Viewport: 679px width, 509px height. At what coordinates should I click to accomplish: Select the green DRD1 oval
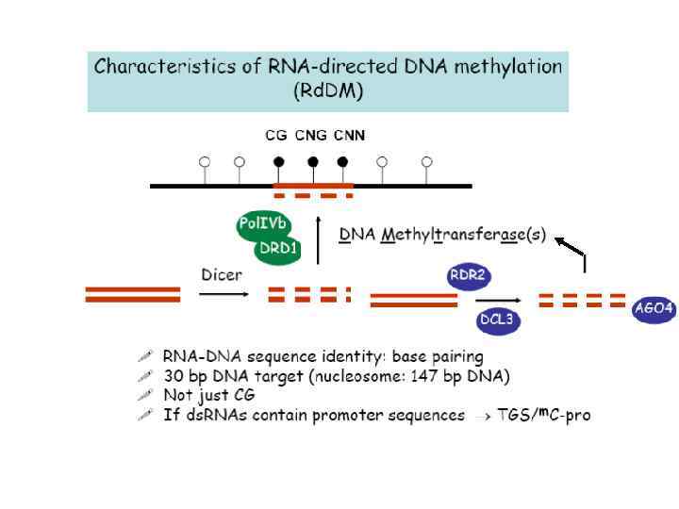[x=279, y=250]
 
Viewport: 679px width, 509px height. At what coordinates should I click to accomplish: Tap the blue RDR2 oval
[x=469, y=277]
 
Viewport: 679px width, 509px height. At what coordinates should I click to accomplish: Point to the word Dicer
[x=222, y=275]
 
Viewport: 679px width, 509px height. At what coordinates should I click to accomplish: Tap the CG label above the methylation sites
[x=275, y=136]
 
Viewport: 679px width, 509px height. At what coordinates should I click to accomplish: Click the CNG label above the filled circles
[x=310, y=136]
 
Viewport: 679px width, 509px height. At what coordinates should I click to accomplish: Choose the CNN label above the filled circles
[x=348, y=136]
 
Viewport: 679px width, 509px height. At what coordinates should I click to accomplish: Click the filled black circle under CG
[x=276, y=161]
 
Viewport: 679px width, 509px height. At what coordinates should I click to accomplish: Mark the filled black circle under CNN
[x=343, y=161]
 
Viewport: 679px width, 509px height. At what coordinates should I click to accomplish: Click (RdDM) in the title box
[x=328, y=92]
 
